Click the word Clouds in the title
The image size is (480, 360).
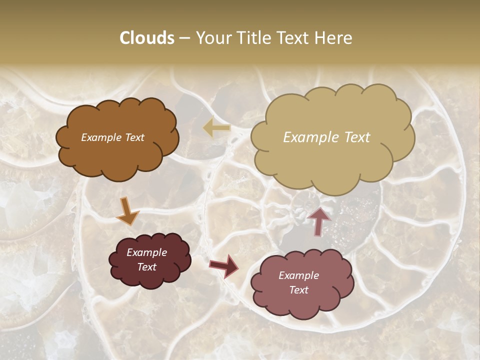pyautogui.click(x=147, y=38)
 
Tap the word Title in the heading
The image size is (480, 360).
pyautogui.click(x=252, y=38)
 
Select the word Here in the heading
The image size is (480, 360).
pyautogui.click(x=334, y=38)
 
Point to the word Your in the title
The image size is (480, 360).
pyautogui.click(x=213, y=38)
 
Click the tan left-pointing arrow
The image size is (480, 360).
pyautogui.click(x=216, y=128)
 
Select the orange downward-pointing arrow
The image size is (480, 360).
pyautogui.click(x=127, y=211)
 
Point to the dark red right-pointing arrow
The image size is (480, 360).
pyautogui.click(x=224, y=265)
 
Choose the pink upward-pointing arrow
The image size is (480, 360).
pyautogui.click(x=319, y=220)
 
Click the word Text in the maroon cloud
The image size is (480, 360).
pyautogui.click(x=147, y=267)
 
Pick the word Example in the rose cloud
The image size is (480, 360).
pyautogui.click(x=299, y=275)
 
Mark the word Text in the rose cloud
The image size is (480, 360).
pyautogui.click(x=299, y=290)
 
